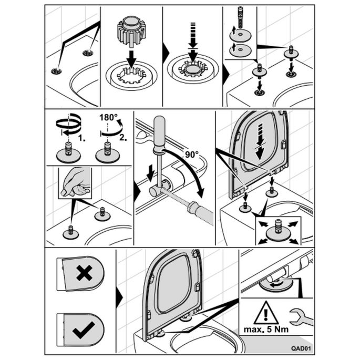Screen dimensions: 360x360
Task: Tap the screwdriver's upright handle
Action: coord(158,130)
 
